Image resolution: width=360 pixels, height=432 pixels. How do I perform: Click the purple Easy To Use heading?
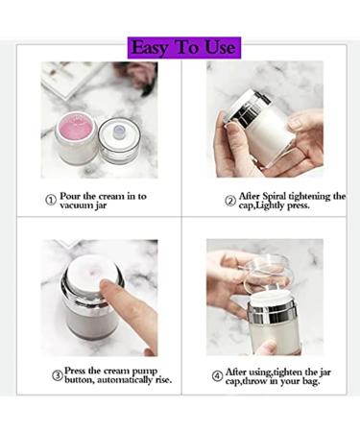pos(181,47)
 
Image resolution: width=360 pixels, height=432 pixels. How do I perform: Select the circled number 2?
pos(230,200)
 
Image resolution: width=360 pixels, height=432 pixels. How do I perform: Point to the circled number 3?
pos(57,374)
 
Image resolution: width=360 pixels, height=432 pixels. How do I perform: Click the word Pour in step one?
pos(73,195)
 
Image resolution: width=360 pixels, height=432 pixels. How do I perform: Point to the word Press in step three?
pos(78,368)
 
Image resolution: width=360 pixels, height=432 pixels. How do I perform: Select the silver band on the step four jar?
pos(272,311)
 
